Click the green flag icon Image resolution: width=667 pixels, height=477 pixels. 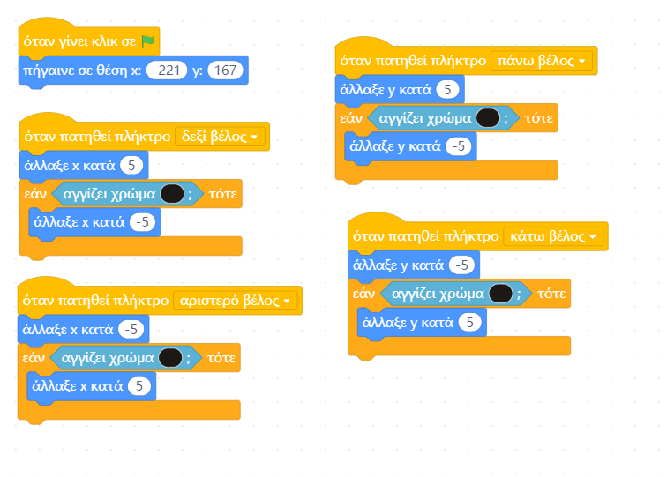click(148, 41)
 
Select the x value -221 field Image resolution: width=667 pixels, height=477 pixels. click(166, 70)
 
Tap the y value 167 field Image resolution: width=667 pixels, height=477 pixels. click(225, 70)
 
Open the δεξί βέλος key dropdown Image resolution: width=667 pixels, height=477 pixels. click(220, 137)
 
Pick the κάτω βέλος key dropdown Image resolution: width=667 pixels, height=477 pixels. click(553, 236)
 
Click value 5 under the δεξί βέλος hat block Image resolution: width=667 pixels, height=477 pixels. click(131, 165)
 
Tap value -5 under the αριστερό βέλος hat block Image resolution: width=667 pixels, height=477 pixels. click(131, 329)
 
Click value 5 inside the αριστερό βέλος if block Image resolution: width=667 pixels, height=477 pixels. click(139, 385)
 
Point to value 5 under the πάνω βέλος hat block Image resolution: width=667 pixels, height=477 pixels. click(448, 89)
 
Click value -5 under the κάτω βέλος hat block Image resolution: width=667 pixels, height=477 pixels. click(461, 265)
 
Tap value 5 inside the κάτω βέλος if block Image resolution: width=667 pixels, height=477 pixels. click(470, 323)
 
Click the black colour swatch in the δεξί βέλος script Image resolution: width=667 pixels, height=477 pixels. click(172, 194)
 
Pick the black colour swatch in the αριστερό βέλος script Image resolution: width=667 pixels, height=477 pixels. click(170, 357)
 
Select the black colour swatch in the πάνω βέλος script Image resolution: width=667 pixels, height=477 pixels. click(488, 117)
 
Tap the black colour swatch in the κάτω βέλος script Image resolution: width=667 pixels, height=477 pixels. click(501, 294)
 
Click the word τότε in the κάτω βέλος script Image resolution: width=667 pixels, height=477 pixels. click(551, 294)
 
